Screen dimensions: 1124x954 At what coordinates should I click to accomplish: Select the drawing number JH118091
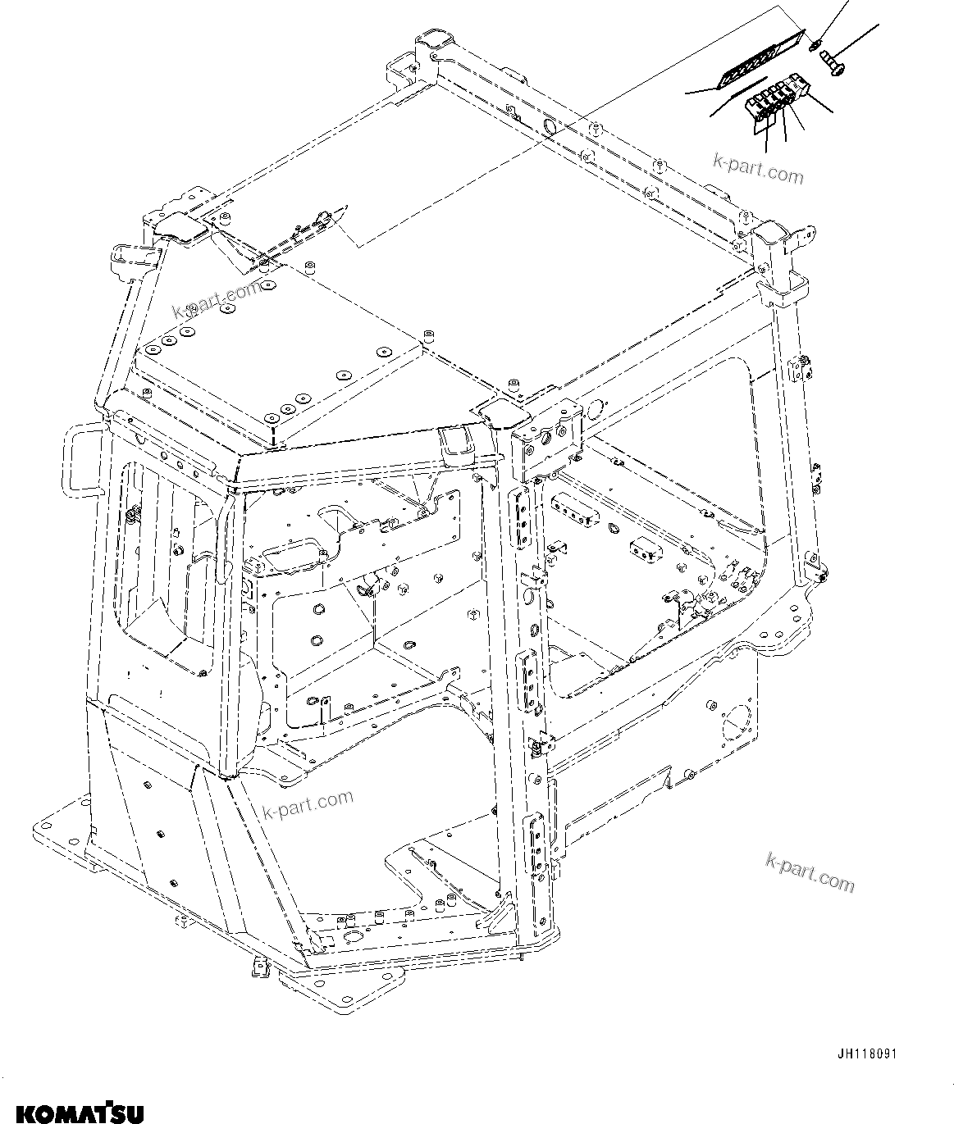(866, 1053)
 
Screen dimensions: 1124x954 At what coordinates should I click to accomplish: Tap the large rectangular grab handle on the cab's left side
(84, 463)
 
